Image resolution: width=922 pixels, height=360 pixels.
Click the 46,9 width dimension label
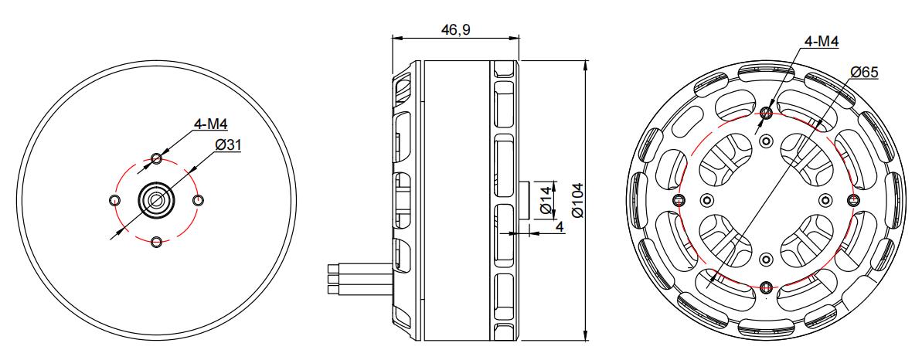pos(455,29)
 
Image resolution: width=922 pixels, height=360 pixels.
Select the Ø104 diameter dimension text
pos(578,199)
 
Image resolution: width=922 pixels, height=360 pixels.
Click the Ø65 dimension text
pos(864,73)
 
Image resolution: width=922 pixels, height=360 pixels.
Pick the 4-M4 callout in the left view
pos(210,124)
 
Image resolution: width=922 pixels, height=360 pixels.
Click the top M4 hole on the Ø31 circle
pos(156,158)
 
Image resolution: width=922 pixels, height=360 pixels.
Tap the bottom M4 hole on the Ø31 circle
pos(156,242)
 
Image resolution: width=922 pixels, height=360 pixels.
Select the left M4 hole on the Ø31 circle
pos(114,200)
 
